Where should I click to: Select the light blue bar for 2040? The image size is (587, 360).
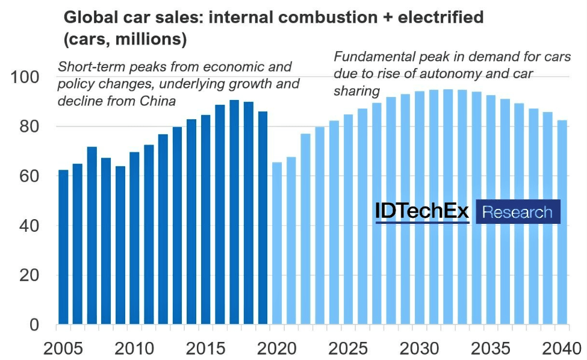point(562,222)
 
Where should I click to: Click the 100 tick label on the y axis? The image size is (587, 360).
point(25,78)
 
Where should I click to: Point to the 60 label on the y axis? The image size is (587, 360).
point(28,176)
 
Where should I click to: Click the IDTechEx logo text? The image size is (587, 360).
point(422,212)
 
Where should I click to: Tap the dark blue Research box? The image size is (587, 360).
point(518,212)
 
